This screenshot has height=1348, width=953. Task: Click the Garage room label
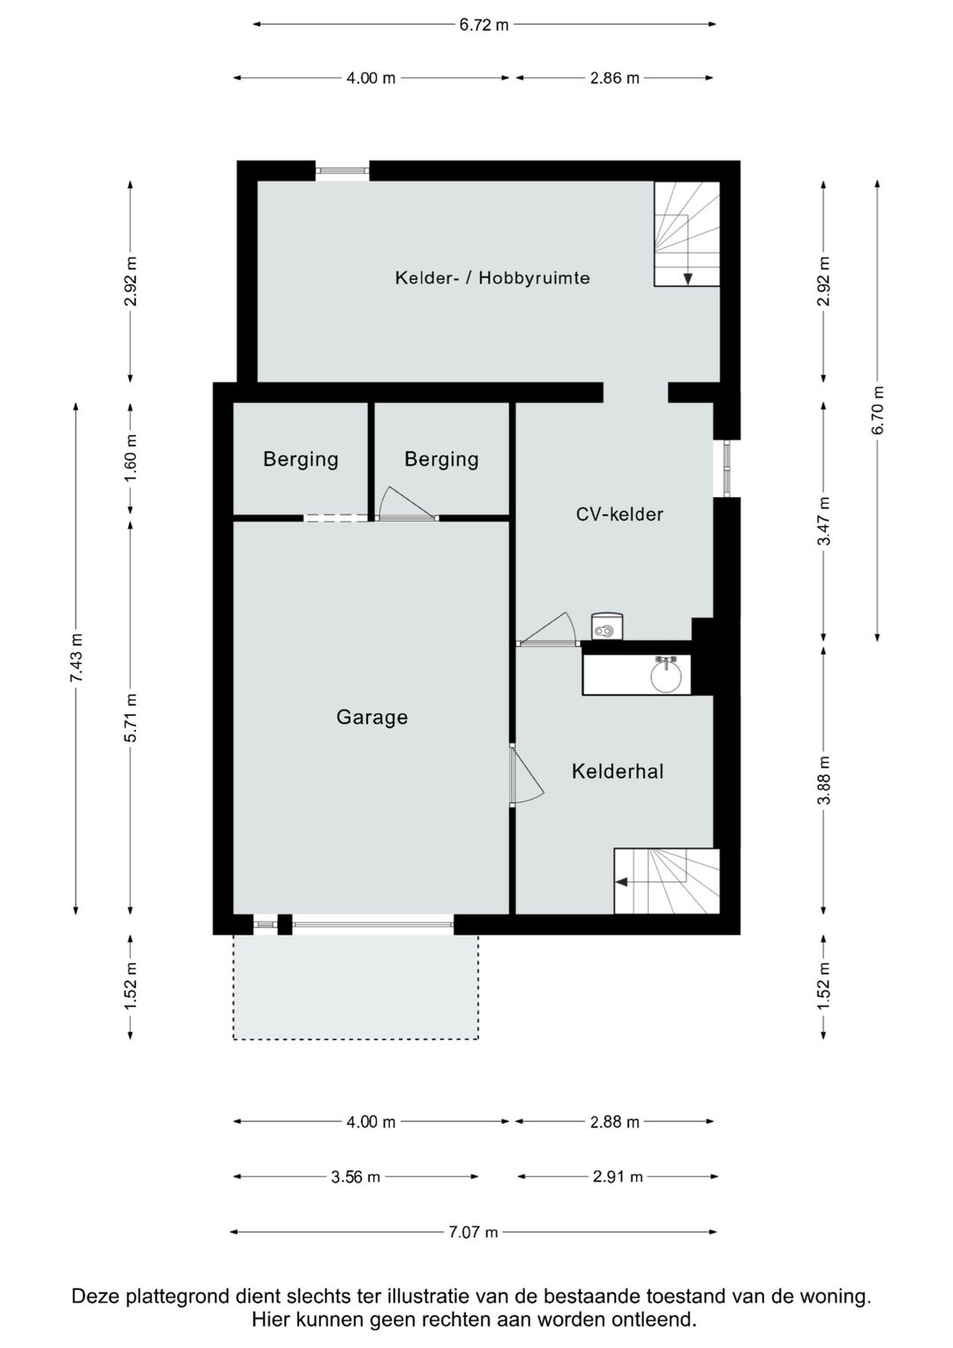(371, 717)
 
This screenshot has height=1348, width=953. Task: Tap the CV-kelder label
(619, 514)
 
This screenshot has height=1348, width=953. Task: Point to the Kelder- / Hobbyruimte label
(492, 278)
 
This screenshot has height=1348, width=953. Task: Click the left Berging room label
(301, 460)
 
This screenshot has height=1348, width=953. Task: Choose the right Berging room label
(441, 460)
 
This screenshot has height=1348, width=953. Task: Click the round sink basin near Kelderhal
(666, 676)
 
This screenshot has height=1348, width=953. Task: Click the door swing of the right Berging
(406, 503)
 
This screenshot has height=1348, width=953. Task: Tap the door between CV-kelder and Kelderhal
(547, 629)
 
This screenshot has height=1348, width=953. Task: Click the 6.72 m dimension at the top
(484, 25)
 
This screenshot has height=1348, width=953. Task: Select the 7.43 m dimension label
(77, 658)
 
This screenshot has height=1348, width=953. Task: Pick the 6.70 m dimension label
(878, 410)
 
